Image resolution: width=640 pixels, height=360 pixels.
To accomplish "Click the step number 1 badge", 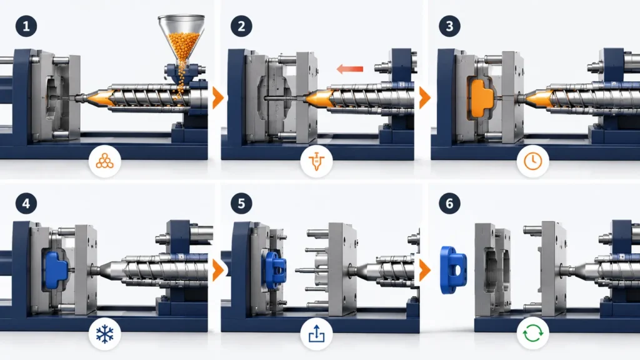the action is [26, 26].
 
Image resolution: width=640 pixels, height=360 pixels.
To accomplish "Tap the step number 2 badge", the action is [241, 26].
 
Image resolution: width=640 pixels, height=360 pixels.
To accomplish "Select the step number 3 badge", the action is [449, 26].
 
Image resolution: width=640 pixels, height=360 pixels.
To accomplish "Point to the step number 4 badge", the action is [26, 203].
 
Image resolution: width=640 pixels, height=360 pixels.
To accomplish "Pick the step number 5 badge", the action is [241, 203].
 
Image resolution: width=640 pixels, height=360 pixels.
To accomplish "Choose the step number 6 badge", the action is [449, 203].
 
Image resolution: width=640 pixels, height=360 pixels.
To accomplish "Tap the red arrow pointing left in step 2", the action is [350, 69].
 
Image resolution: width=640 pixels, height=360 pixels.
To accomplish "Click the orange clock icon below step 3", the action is [532, 162].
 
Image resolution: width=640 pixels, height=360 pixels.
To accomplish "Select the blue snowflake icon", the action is [105, 334].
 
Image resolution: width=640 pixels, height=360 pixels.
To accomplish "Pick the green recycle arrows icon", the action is [532, 334].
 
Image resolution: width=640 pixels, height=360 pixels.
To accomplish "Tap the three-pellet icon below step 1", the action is [105, 161].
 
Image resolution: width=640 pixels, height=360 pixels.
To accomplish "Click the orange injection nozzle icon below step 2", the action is [316, 162].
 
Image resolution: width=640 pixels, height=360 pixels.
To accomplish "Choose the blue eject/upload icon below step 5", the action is [316, 334].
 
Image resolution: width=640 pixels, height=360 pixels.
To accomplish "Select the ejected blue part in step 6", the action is [453, 270].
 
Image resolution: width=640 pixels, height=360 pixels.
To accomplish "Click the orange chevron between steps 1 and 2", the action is [218, 97].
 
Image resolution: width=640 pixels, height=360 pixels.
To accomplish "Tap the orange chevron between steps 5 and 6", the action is [424, 270].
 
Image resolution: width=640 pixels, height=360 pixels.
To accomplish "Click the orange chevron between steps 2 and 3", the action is [424, 97].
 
